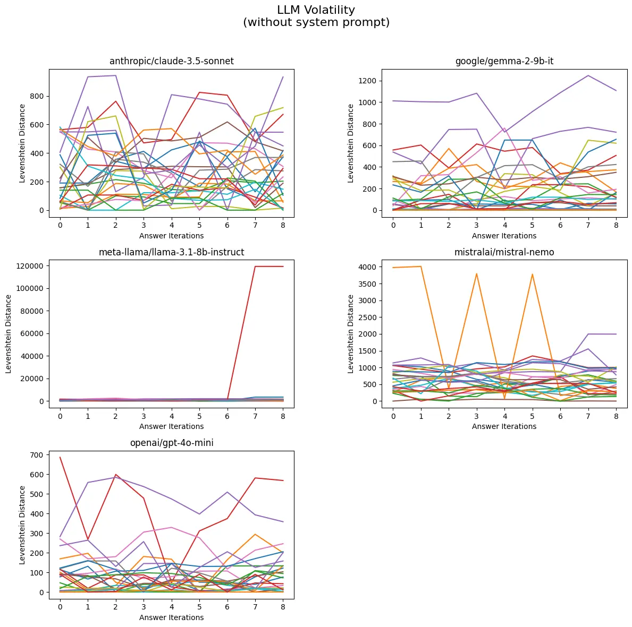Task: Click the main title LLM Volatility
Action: (x=316, y=10)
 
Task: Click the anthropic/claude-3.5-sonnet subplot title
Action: (x=171, y=61)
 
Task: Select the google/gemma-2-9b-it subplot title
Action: (x=504, y=61)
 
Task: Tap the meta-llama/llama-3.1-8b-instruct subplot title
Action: (x=171, y=252)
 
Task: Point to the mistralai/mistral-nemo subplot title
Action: (x=504, y=252)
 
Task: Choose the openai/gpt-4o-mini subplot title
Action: (x=171, y=443)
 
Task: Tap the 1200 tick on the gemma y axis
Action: (x=368, y=81)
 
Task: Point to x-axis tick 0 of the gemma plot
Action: (x=393, y=225)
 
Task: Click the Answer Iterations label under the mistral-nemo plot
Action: (x=504, y=426)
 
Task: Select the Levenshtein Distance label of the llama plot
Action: (x=10, y=333)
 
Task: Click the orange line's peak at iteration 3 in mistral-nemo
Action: (x=476, y=273)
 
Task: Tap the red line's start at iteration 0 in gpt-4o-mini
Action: (x=60, y=457)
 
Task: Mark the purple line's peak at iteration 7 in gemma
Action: (x=588, y=75)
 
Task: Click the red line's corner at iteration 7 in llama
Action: (x=255, y=267)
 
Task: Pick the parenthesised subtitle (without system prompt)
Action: (x=316, y=23)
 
